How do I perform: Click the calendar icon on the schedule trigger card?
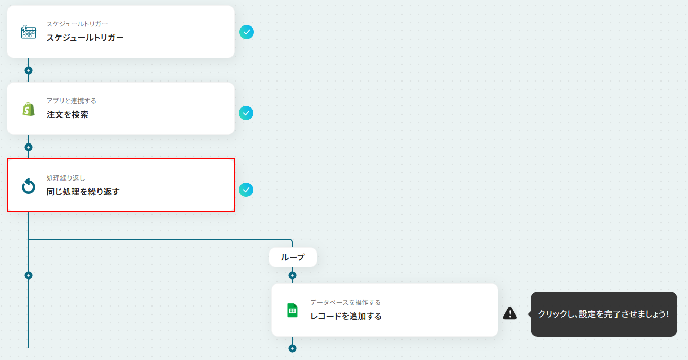click(29, 32)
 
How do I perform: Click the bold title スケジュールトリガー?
click(85, 38)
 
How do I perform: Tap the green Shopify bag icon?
click(29, 109)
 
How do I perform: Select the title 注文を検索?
click(67, 114)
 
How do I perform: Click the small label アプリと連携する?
click(72, 101)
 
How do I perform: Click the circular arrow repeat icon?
click(29, 186)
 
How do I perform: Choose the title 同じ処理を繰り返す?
click(83, 192)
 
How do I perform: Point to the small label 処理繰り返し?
click(66, 178)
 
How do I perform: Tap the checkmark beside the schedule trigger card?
click(246, 32)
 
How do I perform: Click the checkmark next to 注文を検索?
click(246, 113)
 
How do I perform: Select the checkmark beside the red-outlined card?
click(246, 190)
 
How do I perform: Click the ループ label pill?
click(293, 257)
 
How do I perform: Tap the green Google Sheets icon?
click(292, 310)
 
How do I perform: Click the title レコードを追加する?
click(346, 316)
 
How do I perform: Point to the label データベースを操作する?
click(345, 303)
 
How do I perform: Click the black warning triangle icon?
click(510, 313)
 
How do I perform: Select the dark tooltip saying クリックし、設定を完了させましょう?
click(604, 314)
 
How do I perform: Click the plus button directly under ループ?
click(292, 275)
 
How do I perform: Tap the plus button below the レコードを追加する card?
click(292, 348)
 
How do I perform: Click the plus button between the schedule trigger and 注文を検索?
click(29, 70)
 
